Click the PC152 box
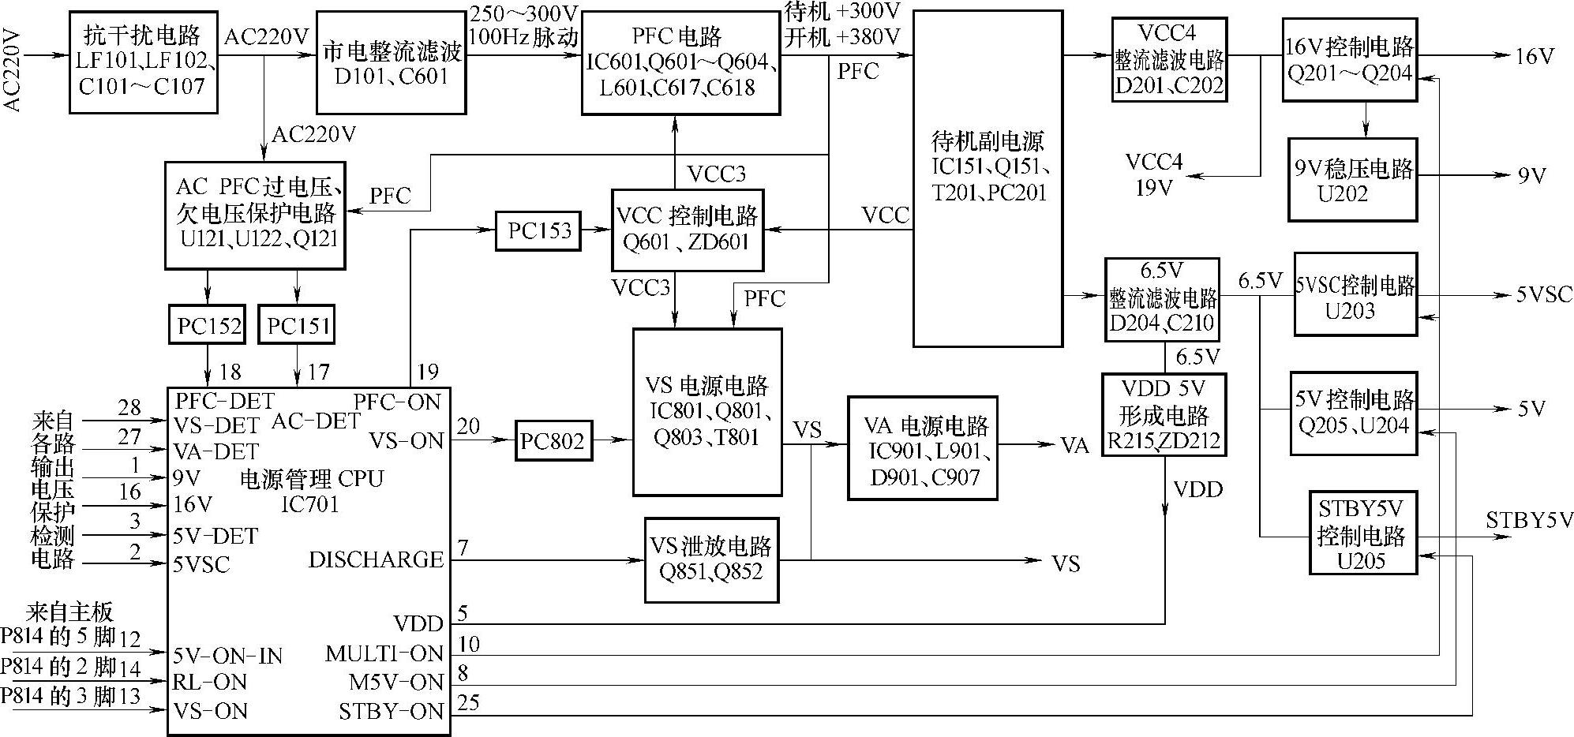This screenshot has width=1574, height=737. (x=208, y=324)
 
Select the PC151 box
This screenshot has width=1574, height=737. (x=297, y=324)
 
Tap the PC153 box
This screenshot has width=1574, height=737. (x=538, y=230)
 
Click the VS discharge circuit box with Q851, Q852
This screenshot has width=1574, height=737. (x=711, y=559)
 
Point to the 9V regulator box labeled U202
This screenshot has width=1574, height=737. (x=1352, y=180)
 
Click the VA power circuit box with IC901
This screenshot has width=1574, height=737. (x=923, y=447)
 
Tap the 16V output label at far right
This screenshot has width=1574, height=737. (x=1535, y=56)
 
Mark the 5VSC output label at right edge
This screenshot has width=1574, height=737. (x=1543, y=294)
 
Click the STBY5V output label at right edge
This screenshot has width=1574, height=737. (x=1529, y=520)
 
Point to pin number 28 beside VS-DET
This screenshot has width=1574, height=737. (x=129, y=407)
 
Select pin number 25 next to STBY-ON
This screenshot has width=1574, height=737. (x=468, y=702)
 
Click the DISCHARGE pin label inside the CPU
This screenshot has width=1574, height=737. (x=376, y=559)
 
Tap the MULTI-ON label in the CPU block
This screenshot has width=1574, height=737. (x=384, y=653)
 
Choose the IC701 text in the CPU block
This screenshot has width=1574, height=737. (x=310, y=503)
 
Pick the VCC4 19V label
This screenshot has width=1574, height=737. (x=1154, y=174)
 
